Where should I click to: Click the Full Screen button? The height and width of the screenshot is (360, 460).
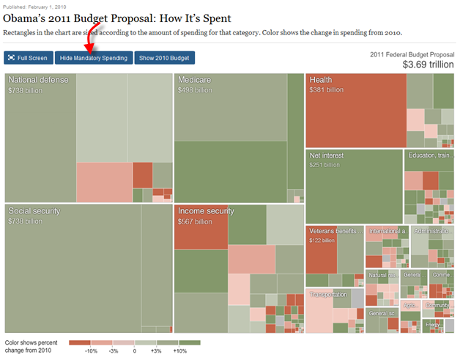click(28, 58)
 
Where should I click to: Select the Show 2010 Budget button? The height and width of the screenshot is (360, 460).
click(164, 58)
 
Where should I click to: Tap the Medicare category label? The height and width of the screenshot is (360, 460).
click(194, 80)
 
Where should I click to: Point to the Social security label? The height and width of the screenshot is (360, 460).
click(34, 211)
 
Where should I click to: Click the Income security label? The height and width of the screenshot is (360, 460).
click(206, 211)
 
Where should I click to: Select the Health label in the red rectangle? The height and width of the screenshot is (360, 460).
click(321, 80)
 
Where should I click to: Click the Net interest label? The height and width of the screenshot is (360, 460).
click(327, 155)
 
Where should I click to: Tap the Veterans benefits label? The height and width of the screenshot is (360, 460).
click(335, 230)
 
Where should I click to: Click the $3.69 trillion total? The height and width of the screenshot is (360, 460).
click(428, 65)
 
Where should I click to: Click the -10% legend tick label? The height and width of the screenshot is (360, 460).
click(91, 351)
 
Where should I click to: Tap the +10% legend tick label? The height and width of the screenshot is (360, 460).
click(179, 351)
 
